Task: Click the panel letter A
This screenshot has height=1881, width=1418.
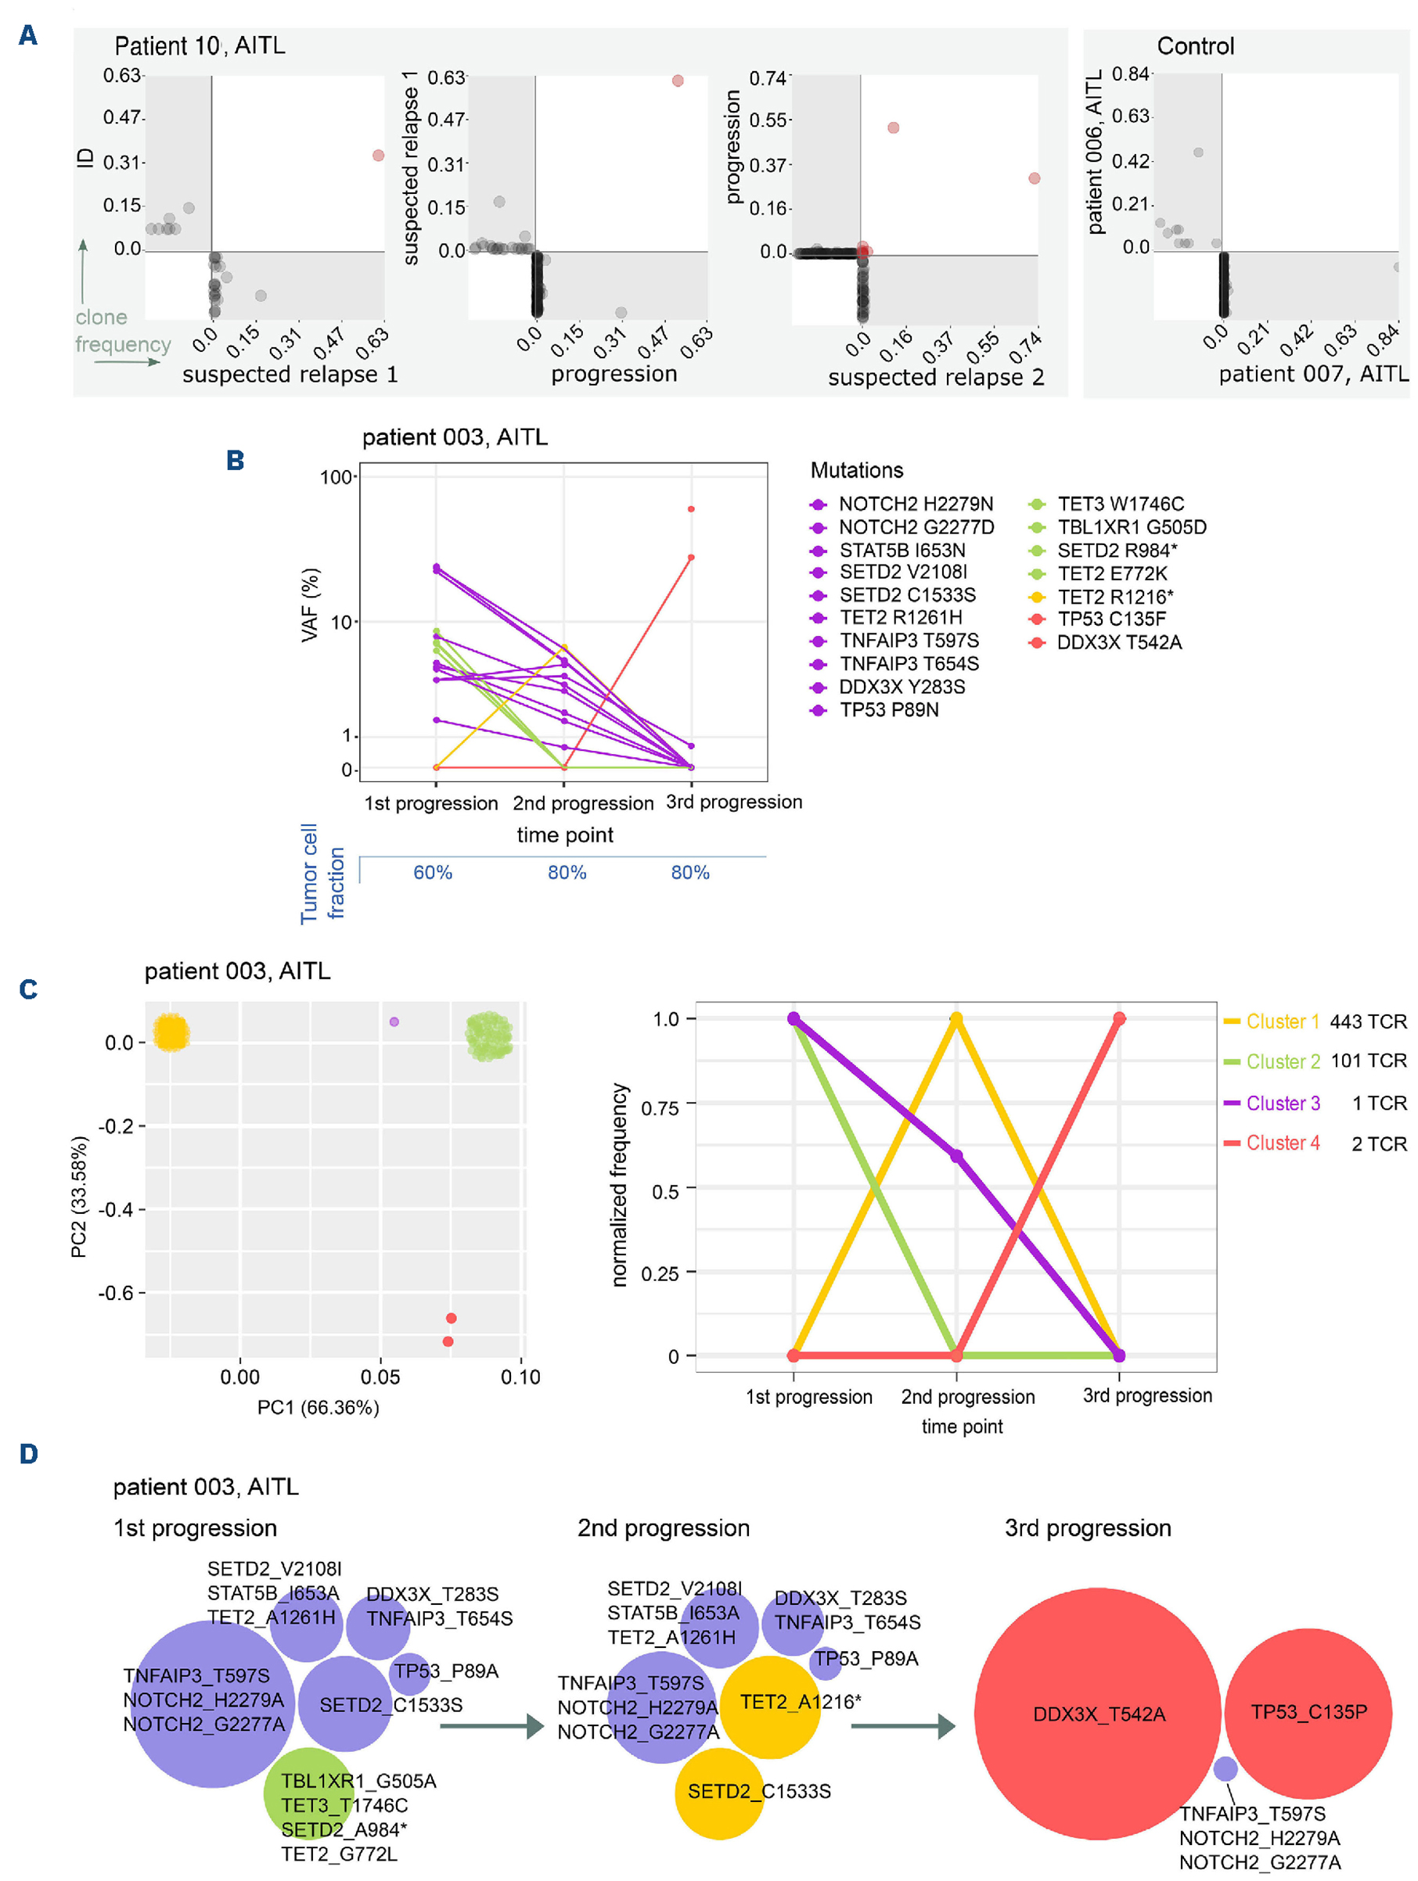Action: [x=28, y=36]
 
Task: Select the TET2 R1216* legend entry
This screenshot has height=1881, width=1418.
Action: [x=1114, y=597]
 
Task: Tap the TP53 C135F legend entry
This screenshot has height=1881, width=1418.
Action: [x=1111, y=620]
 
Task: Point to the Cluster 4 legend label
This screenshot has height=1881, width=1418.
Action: [x=1283, y=1143]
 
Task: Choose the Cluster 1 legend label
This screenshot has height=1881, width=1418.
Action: [x=1283, y=1022]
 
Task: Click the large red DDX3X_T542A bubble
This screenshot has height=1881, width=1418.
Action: [x=1097, y=1714]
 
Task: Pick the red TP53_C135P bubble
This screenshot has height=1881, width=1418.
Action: [x=1308, y=1712]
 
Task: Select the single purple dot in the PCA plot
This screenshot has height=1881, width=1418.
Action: [x=394, y=1022]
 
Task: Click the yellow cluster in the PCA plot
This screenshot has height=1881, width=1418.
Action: [x=171, y=1033]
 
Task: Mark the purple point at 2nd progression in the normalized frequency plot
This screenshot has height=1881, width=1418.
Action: [x=957, y=1157]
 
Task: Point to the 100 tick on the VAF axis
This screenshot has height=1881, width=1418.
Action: [x=336, y=478]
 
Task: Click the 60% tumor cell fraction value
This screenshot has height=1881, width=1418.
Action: [x=433, y=873]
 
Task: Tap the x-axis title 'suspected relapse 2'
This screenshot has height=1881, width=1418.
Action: [x=936, y=378]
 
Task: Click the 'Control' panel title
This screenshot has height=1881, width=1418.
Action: [x=1195, y=47]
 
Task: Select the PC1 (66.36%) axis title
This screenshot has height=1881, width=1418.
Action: [x=319, y=1408]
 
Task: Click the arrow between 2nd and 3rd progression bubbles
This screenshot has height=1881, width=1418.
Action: [x=902, y=1726]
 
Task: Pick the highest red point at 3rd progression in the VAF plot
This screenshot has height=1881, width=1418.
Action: [x=692, y=509]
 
